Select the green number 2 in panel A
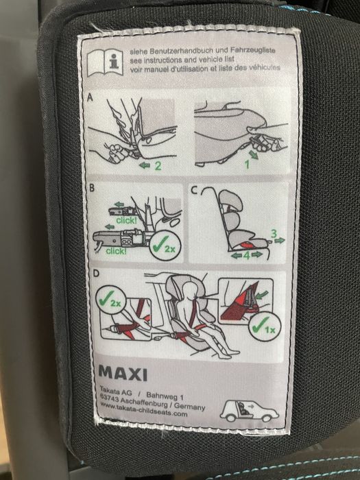pyautogui.click(x=157, y=165)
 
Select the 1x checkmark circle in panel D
pyautogui.click(x=262, y=326)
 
